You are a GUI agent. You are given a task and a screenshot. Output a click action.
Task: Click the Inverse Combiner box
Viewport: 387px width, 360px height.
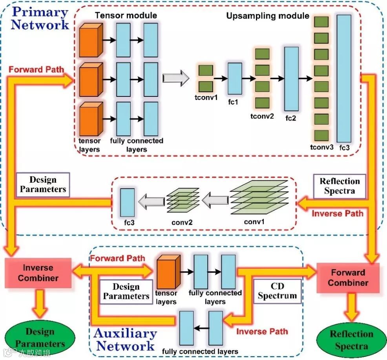(38, 273)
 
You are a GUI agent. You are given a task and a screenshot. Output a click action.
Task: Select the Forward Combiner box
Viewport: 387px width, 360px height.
(348, 278)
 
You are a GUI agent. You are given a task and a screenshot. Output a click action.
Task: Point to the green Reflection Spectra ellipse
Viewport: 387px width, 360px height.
(351, 340)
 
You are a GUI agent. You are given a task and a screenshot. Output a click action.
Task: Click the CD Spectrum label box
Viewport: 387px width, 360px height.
(277, 291)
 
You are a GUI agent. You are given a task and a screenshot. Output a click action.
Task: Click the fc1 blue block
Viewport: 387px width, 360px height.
(235, 78)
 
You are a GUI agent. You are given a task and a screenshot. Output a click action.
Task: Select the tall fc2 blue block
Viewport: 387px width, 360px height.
(291, 78)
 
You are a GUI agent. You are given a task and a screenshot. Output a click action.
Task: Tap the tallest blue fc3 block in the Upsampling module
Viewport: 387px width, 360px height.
(344, 78)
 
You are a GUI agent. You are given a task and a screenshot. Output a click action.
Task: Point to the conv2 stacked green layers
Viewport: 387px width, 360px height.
(183, 198)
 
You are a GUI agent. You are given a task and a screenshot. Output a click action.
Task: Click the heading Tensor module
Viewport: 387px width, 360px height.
(126, 16)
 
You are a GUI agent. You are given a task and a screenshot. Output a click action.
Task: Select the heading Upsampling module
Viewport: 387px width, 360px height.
(268, 16)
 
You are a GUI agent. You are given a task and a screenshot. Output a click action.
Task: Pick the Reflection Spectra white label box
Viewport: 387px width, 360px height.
(340, 186)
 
